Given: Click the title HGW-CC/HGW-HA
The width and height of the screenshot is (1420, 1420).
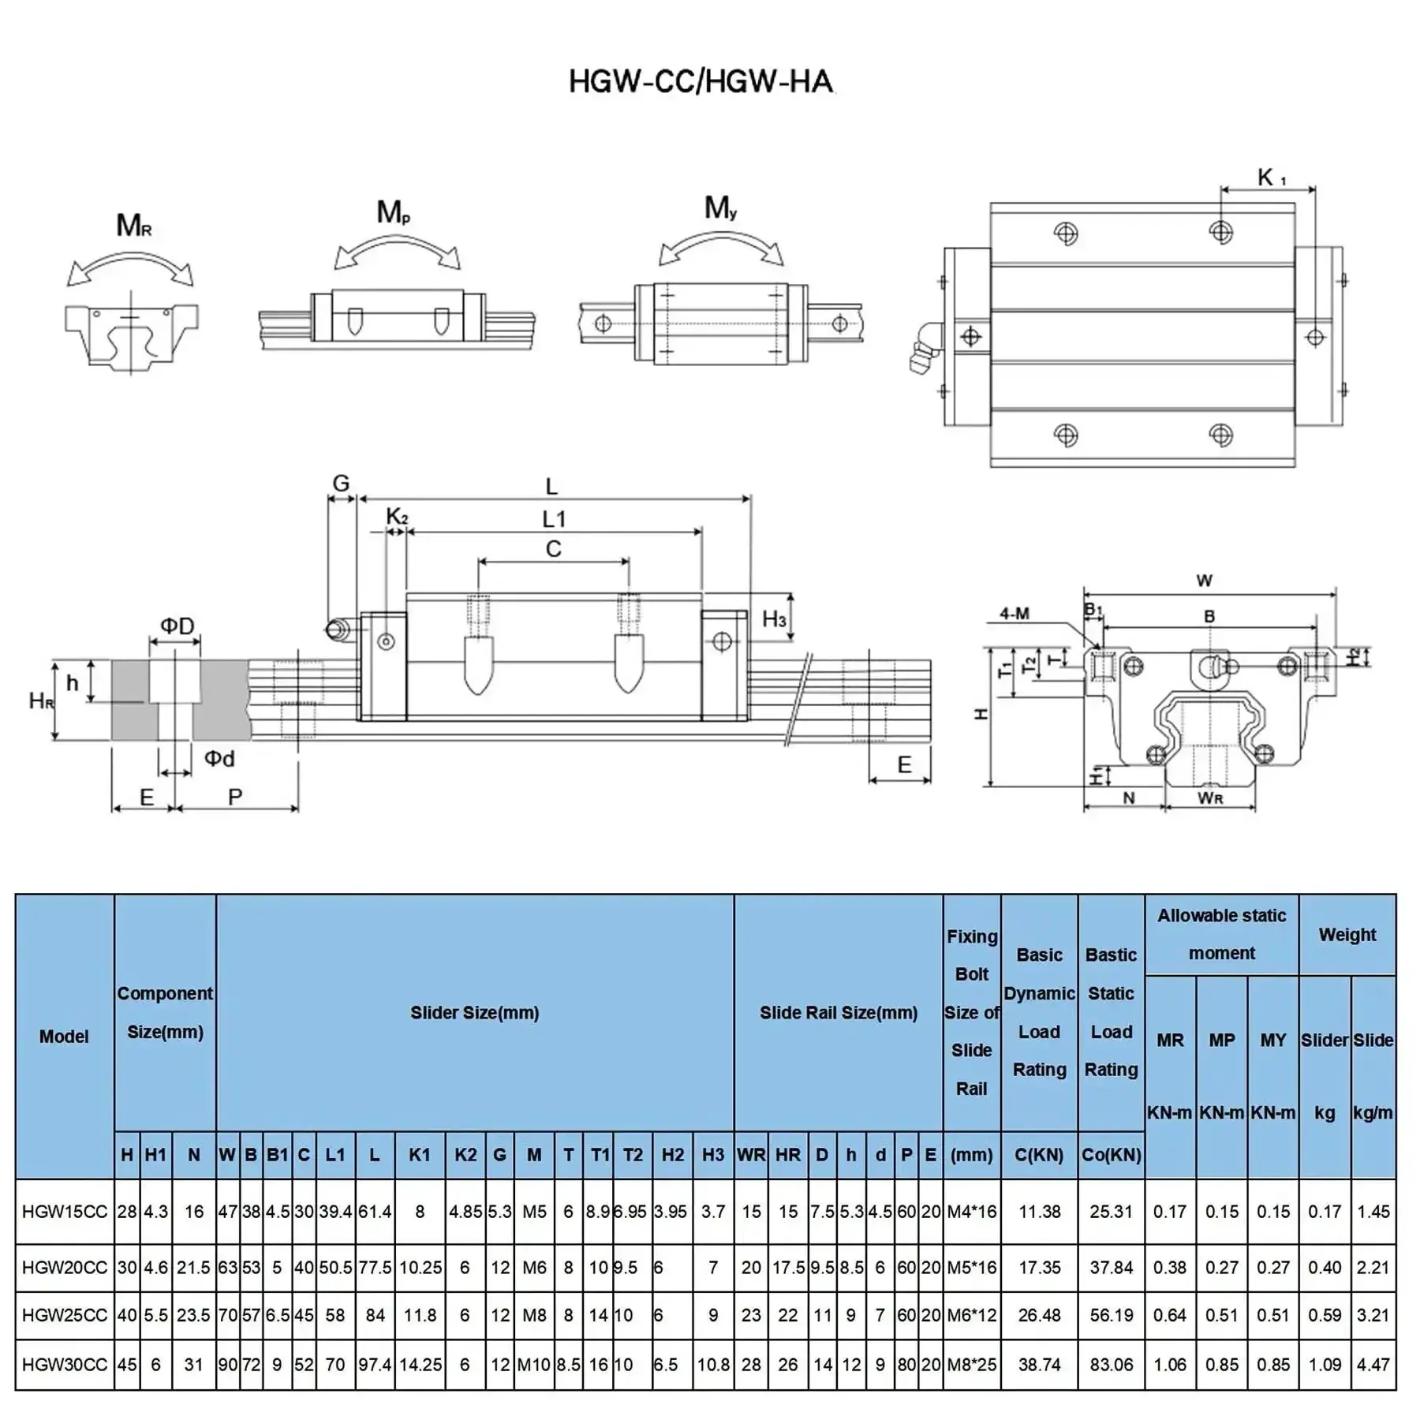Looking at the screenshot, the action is pos(701,81).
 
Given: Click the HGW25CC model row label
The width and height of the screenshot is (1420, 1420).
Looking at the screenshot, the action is pos(64,1315).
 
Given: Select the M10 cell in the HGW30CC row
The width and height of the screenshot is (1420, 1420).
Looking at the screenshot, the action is pos(534,1364).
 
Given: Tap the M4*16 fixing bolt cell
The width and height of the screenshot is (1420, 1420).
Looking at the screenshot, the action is pos(972,1211).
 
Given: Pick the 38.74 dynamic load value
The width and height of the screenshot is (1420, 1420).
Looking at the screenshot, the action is pos(1040,1364).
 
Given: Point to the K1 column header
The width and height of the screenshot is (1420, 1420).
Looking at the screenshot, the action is pos(420,1154).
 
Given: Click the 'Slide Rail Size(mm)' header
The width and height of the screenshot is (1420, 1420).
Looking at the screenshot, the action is pos(839,1012).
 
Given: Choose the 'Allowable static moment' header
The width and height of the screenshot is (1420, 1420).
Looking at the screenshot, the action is pos(1222,934).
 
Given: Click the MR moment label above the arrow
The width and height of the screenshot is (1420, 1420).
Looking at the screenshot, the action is pos(134,226).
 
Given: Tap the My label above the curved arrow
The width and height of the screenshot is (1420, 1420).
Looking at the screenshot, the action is pos(720,207).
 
